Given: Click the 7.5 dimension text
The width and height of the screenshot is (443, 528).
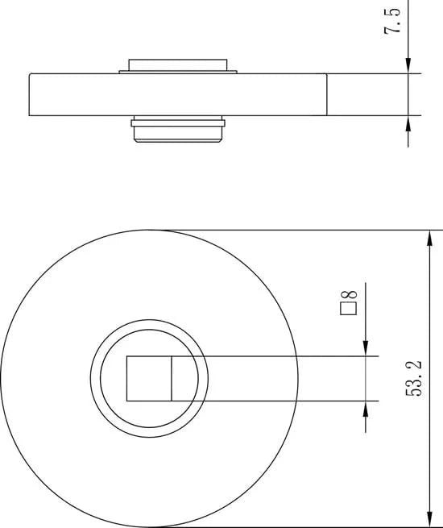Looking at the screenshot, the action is [392, 20].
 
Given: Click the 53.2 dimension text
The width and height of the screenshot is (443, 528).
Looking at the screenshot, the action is [413, 378].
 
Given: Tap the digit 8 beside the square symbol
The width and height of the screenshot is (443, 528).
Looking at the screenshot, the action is [349, 295].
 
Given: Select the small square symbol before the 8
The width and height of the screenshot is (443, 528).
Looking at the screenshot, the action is [349, 309].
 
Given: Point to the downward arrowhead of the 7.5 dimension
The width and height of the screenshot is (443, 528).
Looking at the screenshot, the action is [408, 65].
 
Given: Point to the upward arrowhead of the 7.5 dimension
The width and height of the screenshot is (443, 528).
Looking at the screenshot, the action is [408, 123].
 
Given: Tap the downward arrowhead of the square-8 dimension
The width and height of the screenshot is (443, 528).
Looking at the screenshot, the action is [366, 348].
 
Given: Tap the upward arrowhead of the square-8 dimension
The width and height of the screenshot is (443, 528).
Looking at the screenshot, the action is [366, 409].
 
